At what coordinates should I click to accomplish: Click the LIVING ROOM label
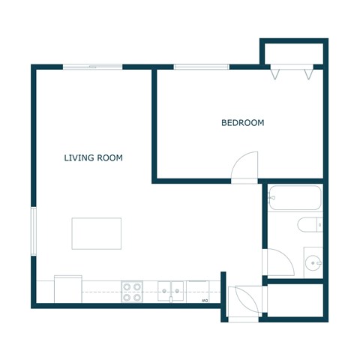[x=93, y=158]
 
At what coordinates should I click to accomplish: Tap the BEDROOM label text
[x=242, y=123]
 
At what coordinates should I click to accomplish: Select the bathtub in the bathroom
[x=295, y=198]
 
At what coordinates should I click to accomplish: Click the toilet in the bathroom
[x=309, y=223]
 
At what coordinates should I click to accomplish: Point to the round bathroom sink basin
[x=313, y=262]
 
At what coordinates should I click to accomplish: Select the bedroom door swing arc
[x=245, y=167]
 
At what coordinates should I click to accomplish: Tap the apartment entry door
[x=244, y=301]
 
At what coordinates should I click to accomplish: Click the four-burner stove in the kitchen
[x=133, y=292]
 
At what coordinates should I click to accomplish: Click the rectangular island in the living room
[x=96, y=233]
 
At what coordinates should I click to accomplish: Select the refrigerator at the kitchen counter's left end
[x=67, y=289]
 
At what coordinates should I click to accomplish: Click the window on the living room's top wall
[x=92, y=67]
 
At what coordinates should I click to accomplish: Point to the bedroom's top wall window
[x=202, y=67]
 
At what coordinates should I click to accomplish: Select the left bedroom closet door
[x=276, y=73]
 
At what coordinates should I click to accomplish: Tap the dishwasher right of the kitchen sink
[x=199, y=291]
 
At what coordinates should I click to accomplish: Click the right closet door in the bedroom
[x=307, y=73]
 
